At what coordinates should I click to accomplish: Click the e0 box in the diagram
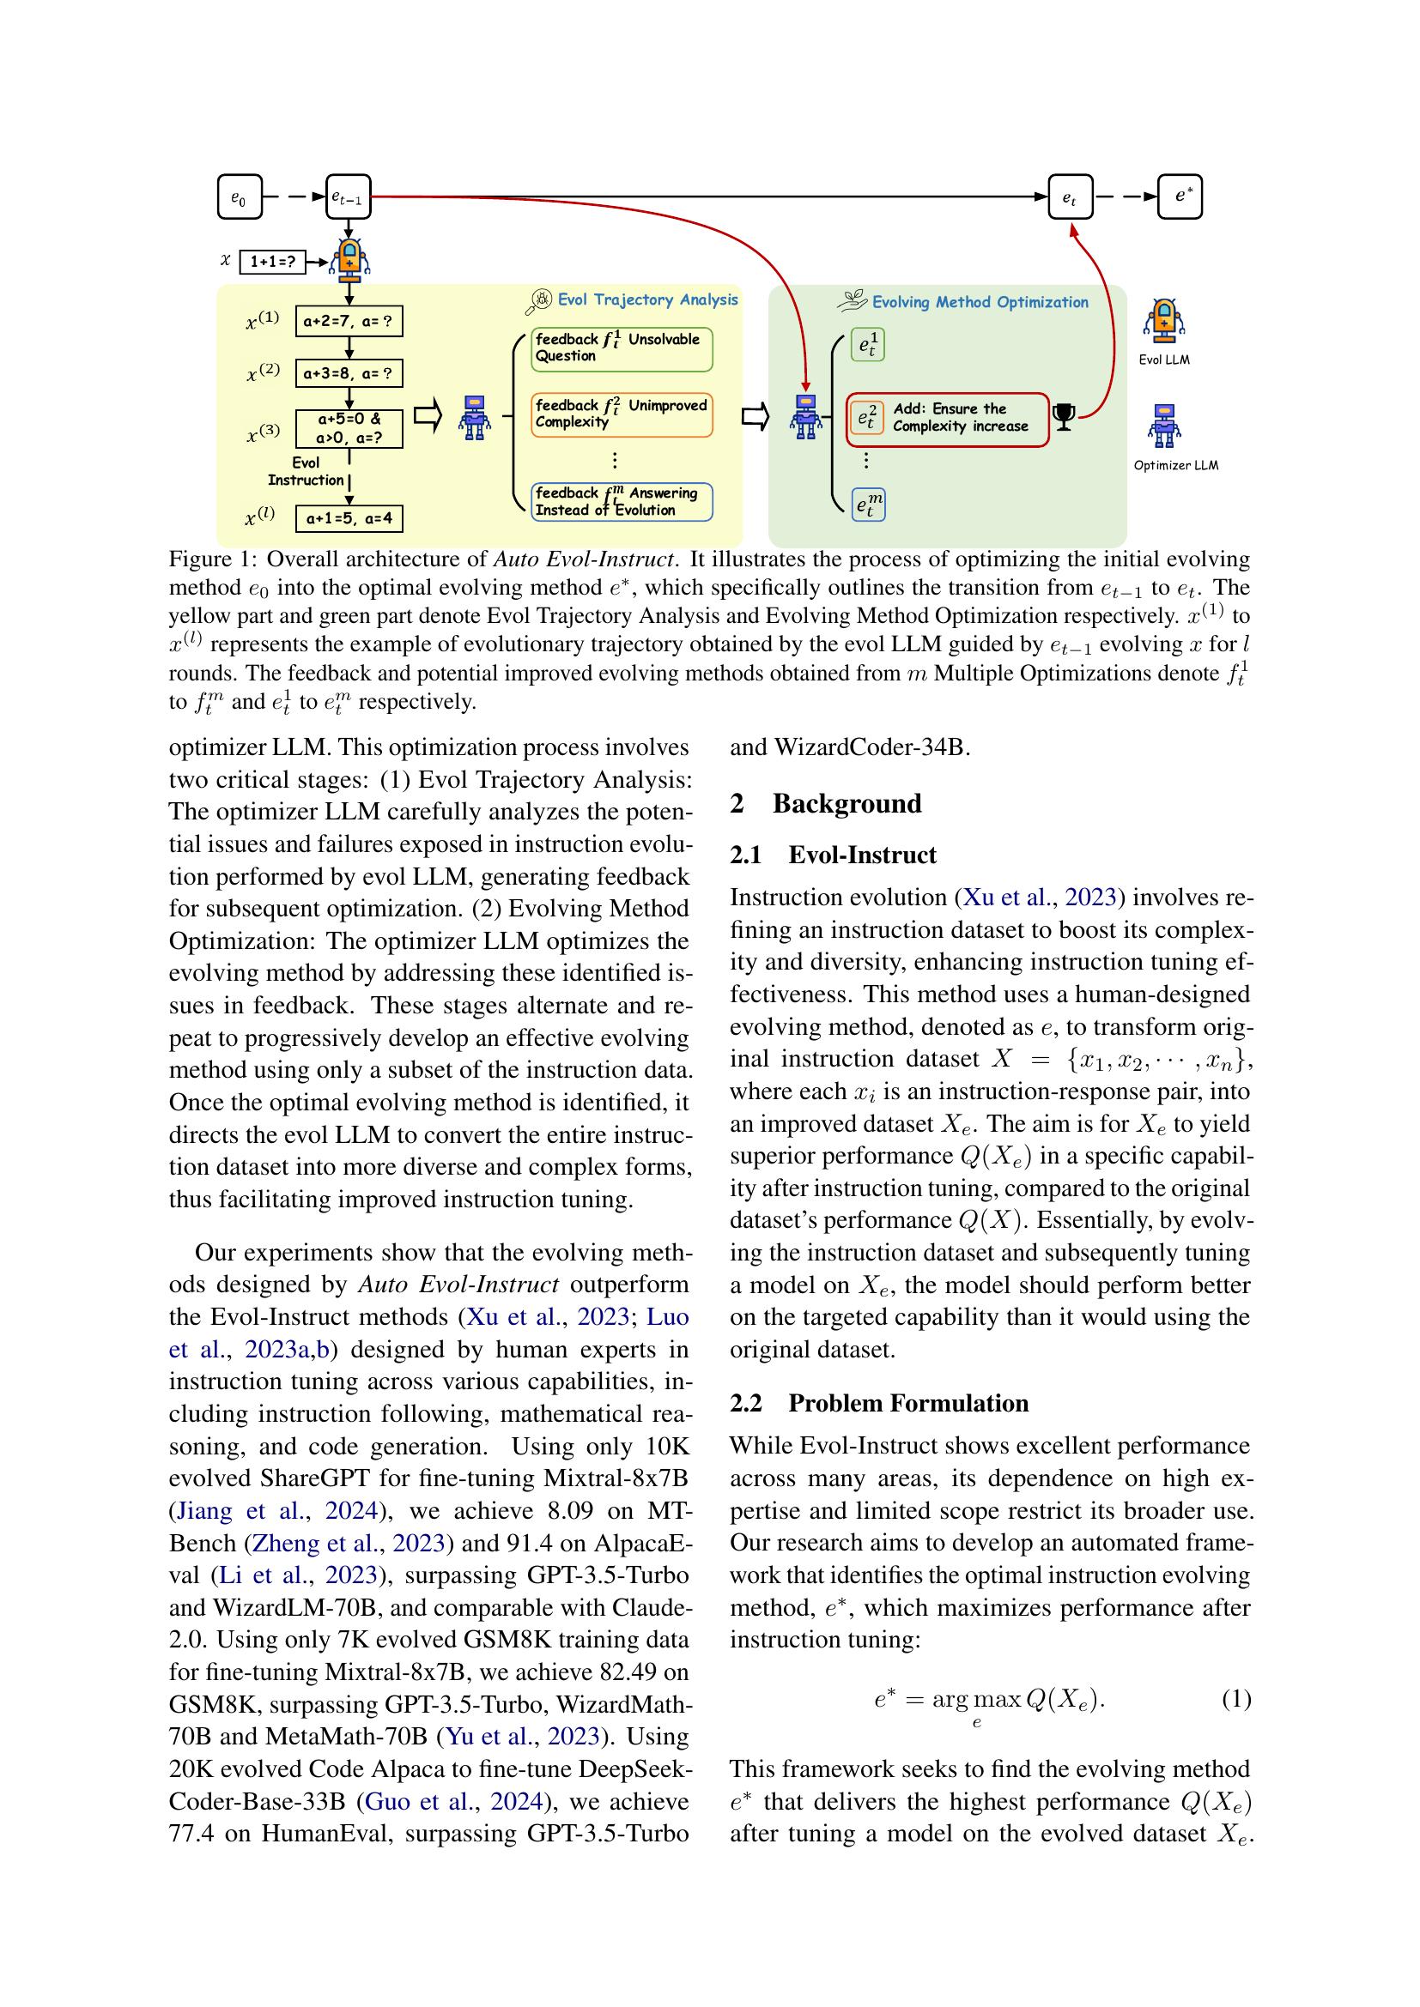click(239, 197)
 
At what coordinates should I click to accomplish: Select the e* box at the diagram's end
click(1180, 196)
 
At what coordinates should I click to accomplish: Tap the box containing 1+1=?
click(272, 262)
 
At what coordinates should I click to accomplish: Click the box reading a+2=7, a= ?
click(349, 322)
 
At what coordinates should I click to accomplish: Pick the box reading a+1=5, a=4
click(349, 518)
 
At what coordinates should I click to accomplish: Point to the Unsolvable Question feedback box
click(622, 348)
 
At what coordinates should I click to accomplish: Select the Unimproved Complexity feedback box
click(622, 414)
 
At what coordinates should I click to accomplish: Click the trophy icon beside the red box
click(1064, 418)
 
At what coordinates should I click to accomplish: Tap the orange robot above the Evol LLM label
click(1163, 320)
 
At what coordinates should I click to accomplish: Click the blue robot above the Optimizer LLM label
click(1163, 425)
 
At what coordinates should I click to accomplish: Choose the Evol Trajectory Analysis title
click(647, 299)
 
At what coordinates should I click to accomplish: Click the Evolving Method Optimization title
click(980, 302)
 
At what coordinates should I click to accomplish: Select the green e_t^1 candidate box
click(867, 346)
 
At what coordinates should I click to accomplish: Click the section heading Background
click(846, 803)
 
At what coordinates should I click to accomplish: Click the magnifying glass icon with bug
click(538, 301)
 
